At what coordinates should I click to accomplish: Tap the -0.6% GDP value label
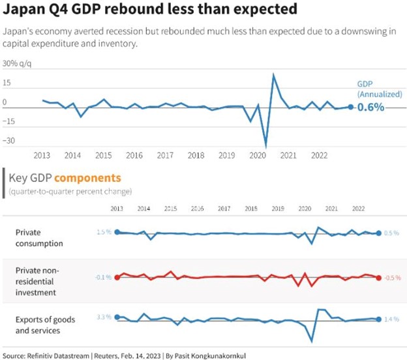(x=370, y=108)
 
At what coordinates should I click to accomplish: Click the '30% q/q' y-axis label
(x=18, y=64)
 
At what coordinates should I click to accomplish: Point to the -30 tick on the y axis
(x=10, y=140)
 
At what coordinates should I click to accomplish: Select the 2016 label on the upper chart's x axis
(x=134, y=155)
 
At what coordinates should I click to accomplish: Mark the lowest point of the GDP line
(x=265, y=147)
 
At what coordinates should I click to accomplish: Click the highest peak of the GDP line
(x=273, y=74)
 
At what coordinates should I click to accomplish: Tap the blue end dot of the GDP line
(x=350, y=106)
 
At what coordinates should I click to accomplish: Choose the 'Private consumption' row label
(x=39, y=237)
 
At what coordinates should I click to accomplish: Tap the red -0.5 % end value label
(x=391, y=277)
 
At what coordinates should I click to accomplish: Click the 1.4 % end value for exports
(x=391, y=320)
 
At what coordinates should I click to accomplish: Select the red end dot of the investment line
(x=379, y=277)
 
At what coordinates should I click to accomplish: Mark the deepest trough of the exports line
(x=312, y=341)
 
